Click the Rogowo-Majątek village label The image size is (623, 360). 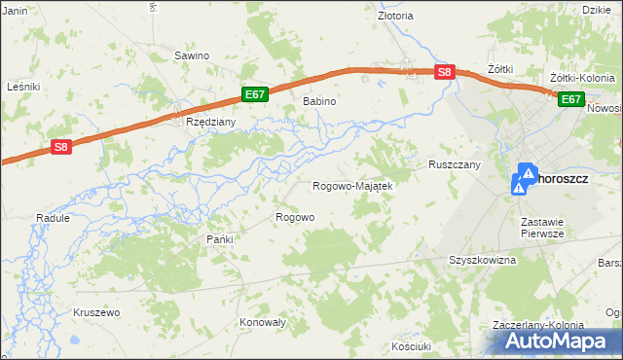(351, 186)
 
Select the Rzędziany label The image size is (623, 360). (205, 123)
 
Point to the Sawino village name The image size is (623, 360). (192, 55)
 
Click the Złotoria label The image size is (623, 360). (395, 16)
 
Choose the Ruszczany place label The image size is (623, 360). (455, 165)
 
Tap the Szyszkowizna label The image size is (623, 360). (481, 261)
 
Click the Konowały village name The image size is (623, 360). (261, 321)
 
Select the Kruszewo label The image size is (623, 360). (95, 312)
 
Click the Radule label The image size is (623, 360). (53, 219)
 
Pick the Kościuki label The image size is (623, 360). (410, 345)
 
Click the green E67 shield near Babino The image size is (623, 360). (254, 94)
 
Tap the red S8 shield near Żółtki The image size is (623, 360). (444, 72)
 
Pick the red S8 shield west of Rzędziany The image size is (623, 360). (61, 147)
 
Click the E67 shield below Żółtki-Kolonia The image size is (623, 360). (570, 98)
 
